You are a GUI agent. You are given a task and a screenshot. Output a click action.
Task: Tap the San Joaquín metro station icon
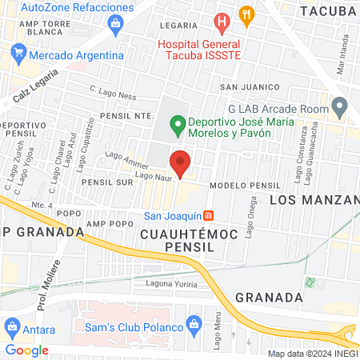tap(209, 215)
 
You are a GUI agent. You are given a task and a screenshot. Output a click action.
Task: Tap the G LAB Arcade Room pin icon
tap(340, 106)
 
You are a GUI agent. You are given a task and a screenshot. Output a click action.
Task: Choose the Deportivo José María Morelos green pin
tap(177, 124)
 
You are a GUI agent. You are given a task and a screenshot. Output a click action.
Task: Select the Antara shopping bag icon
tap(13, 327)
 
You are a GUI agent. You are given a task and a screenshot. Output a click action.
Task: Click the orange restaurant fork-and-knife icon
tap(246, 14)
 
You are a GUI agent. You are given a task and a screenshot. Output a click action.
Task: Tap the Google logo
tap(27, 350)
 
